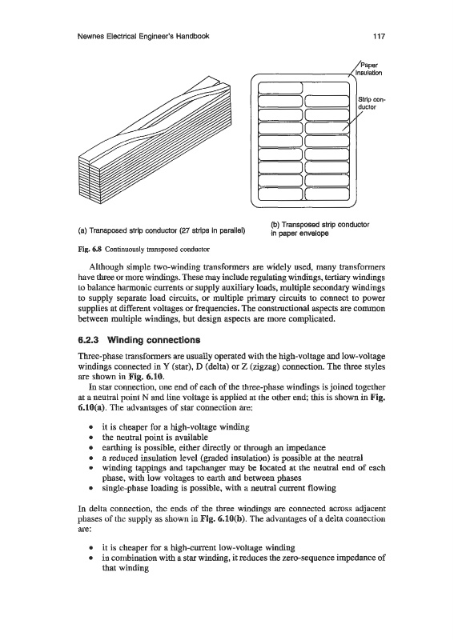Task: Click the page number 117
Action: click(x=380, y=36)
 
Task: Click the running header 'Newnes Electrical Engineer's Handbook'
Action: click(x=143, y=36)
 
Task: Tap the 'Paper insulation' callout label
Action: click(x=370, y=69)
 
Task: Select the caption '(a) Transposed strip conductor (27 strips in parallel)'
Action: click(x=161, y=230)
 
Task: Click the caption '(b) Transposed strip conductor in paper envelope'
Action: click(x=320, y=229)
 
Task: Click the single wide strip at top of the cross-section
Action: click(x=280, y=88)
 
